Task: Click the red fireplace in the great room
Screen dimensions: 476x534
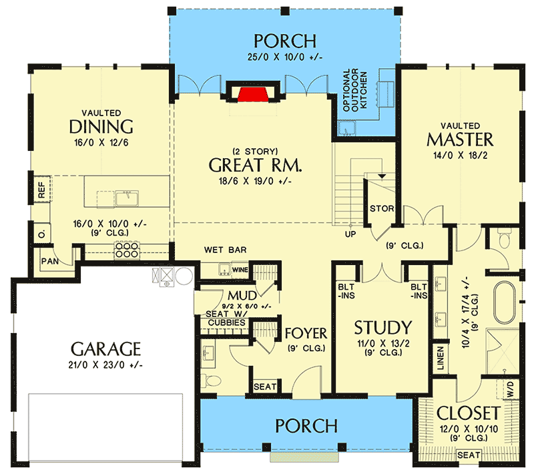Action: (x=250, y=93)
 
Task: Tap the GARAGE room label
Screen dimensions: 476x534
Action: (x=106, y=348)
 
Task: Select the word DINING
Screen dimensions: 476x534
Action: (x=101, y=127)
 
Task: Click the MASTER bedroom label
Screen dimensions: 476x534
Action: (x=460, y=140)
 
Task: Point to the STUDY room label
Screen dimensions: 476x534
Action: (x=382, y=328)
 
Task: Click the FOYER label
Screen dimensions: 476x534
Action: (x=306, y=333)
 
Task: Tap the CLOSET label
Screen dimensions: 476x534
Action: (x=468, y=411)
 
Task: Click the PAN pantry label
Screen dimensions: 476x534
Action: (x=49, y=260)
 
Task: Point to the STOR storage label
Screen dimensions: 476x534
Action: (x=382, y=209)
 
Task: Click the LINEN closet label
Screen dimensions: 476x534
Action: (x=440, y=359)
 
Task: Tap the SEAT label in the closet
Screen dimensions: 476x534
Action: (x=467, y=455)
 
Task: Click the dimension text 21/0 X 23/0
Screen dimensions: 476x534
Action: (x=106, y=365)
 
